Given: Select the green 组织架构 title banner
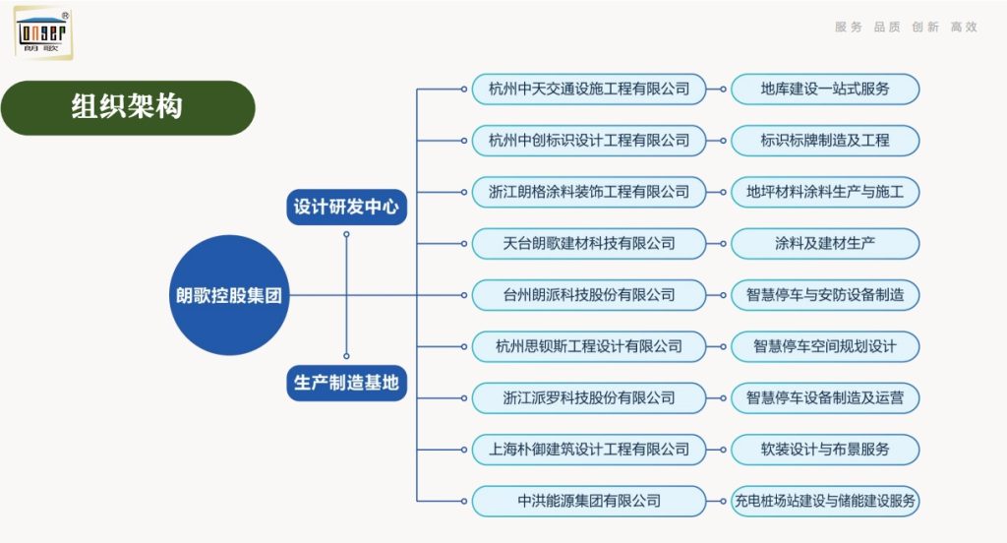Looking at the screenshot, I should [x=128, y=107].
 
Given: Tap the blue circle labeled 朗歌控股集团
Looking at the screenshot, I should [x=229, y=295].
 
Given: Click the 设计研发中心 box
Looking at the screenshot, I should [x=347, y=208].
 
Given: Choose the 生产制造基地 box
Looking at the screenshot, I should [x=347, y=382].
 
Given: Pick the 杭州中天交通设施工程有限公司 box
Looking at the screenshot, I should [x=589, y=89].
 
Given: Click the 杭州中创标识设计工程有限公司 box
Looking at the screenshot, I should [x=589, y=141].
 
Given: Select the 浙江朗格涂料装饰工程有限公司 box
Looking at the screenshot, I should [x=589, y=192].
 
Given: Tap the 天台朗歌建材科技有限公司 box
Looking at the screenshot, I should [x=589, y=243].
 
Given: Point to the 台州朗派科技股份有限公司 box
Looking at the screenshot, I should [x=589, y=294].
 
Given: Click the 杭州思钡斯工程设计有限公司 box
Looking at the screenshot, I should [x=589, y=346].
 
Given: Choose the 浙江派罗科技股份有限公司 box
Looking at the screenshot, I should [x=589, y=397].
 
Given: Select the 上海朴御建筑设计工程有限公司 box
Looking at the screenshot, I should [x=589, y=449].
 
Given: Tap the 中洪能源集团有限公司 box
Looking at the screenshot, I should [x=589, y=501].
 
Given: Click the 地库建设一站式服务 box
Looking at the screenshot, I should [x=825, y=89].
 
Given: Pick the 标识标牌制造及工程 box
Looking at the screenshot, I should [x=825, y=141].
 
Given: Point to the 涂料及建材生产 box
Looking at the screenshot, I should [x=825, y=243].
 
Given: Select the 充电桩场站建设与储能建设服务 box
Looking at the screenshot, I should [x=825, y=501].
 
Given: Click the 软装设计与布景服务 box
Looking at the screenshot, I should [x=825, y=449].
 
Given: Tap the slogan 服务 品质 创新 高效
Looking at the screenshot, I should [x=906, y=28].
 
